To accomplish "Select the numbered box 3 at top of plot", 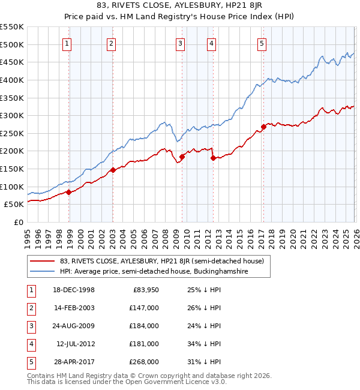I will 180,43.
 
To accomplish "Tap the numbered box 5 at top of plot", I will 262,43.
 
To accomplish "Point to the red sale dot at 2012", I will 212,158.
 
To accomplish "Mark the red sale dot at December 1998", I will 69,192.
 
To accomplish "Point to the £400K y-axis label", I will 12,80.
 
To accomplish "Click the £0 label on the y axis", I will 18,222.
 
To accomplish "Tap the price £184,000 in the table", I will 144,326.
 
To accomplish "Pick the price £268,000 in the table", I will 144,362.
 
